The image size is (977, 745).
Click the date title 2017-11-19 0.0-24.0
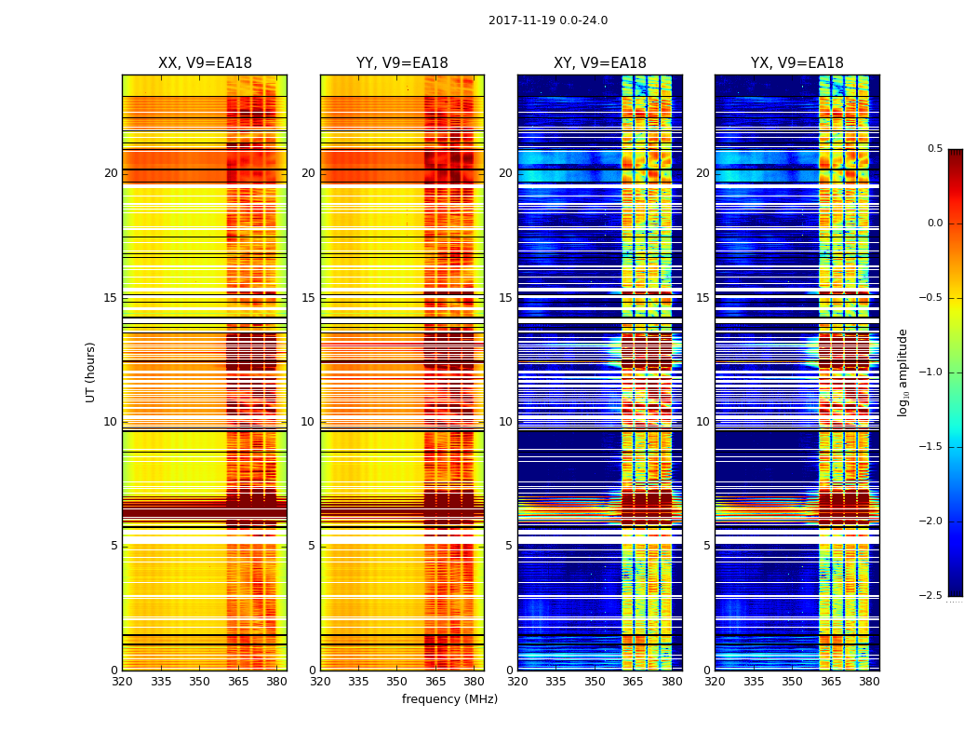click(x=548, y=20)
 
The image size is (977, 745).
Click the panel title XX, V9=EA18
click(x=205, y=63)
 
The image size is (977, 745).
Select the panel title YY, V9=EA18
click(x=402, y=63)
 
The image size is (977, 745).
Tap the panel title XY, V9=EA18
click(x=600, y=63)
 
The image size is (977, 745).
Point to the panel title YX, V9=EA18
click(x=797, y=63)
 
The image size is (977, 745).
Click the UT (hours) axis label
click(x=91, y=372)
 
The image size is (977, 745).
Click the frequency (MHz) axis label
click(x=449, y=699)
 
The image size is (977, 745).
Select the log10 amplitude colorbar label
click(x=903, y=372)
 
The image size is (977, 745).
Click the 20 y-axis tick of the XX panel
click(x=112, y=173)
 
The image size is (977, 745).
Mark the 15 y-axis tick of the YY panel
click(x=309, y=298)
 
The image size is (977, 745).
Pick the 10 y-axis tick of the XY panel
click(x=506, y=422)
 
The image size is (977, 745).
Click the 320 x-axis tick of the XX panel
click(x=122, y=682)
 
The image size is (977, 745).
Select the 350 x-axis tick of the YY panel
click(x=397, y=682)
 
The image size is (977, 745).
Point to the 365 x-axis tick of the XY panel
click(x=633, y=682)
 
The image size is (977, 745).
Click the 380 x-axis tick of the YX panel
click(x=869, y=682)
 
